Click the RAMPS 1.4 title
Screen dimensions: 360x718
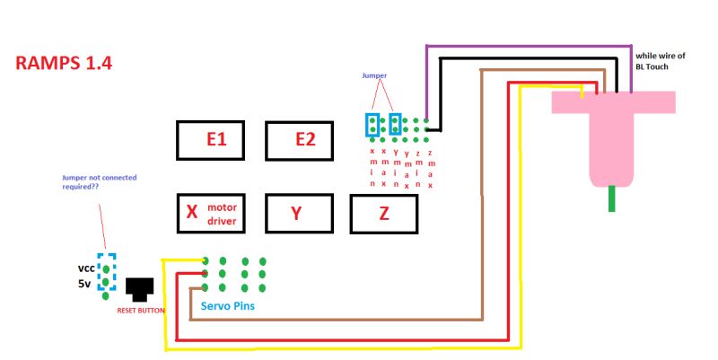coord(64,64)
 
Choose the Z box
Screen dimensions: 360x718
coord(383,214)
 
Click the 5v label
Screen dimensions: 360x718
coord(85,284)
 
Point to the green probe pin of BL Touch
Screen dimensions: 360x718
coord(612,198)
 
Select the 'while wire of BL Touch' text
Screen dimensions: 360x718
coord(660,61)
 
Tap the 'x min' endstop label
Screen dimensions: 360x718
coord(372,168)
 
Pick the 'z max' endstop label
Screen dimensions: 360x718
coord(431,168)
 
